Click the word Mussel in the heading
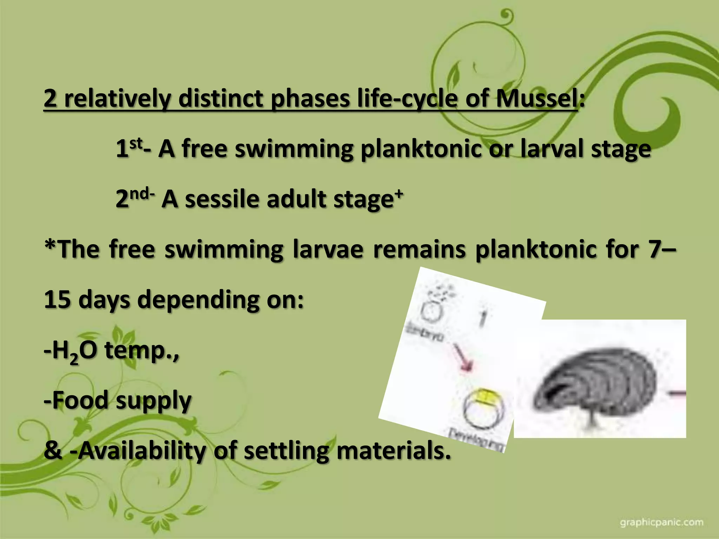tap(537, 99)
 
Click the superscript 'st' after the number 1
tap(136, 143)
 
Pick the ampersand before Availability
tap(53, 451)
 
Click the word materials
tap(393, 451)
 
